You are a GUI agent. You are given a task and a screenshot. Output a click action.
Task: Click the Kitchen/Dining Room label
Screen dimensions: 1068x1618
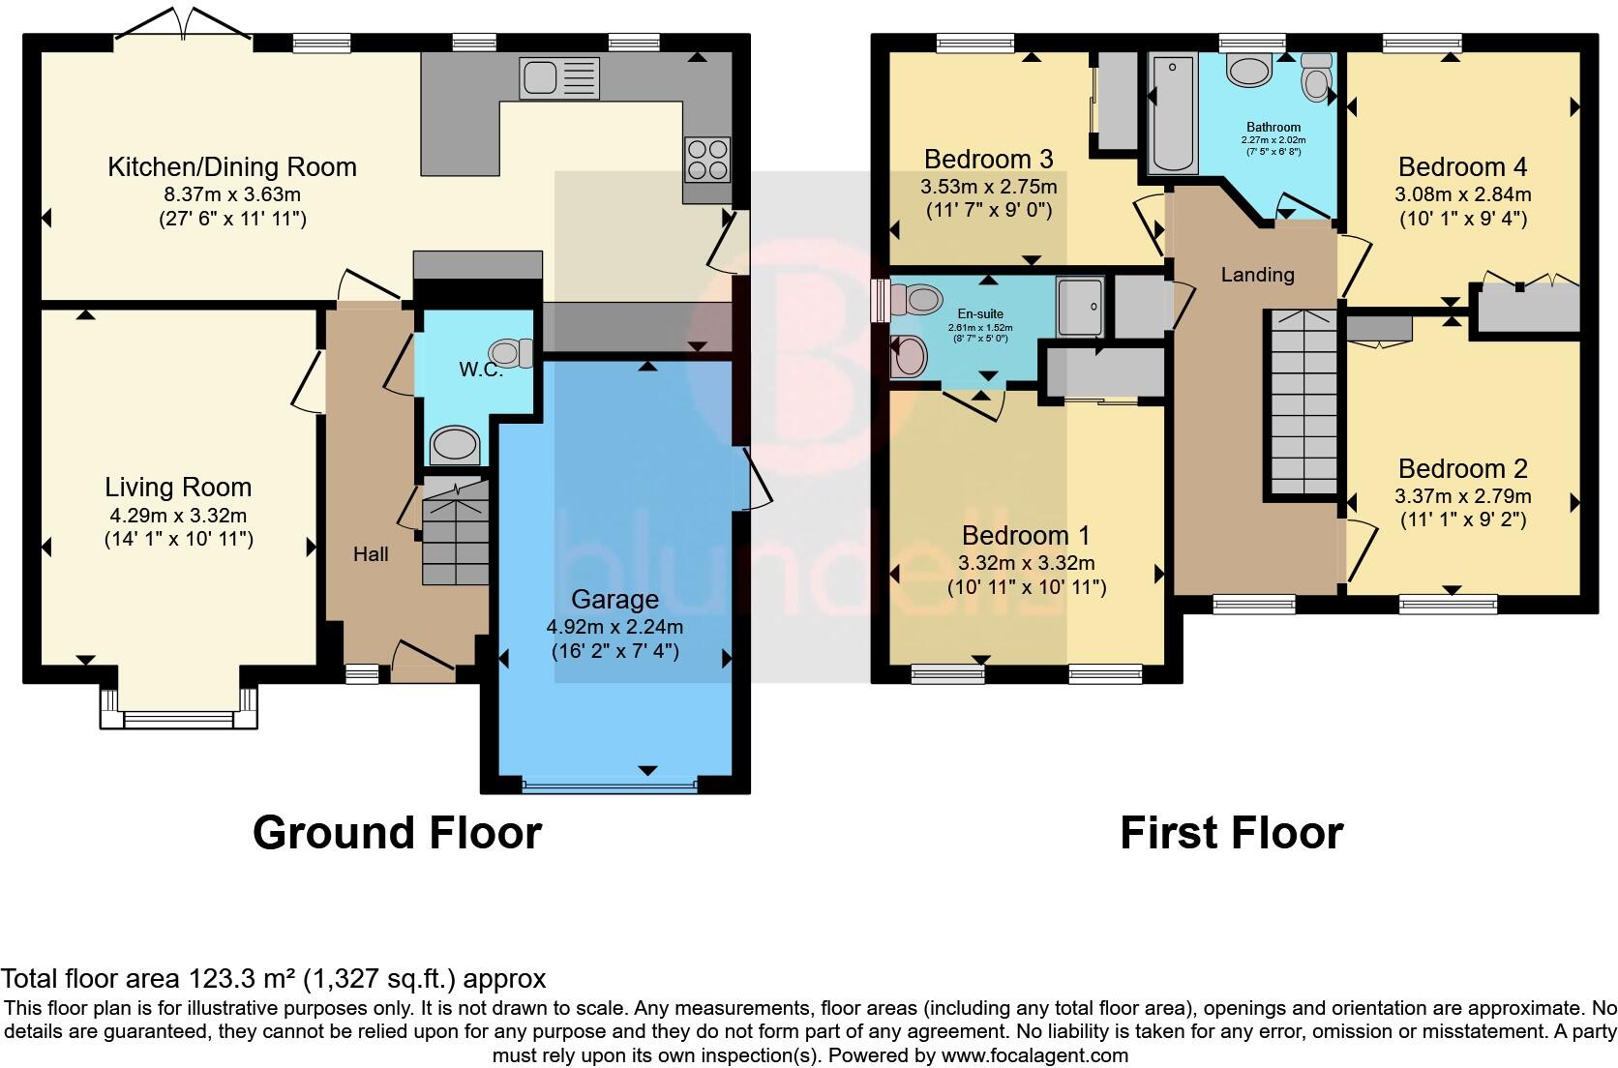click(x=231, y=167)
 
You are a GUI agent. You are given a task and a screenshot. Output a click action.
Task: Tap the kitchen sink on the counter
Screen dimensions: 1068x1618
click(x=559, y=78)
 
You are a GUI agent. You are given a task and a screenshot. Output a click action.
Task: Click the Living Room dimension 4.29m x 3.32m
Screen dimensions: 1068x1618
click(x=178, y=516)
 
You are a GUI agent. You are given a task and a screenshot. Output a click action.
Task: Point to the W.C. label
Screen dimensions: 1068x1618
click(x=480, y=370)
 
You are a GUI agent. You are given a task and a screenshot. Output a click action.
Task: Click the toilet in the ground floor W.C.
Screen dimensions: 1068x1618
click(x=512, y=353)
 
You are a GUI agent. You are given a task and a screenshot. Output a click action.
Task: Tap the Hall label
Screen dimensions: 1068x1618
click(x=371, y=553)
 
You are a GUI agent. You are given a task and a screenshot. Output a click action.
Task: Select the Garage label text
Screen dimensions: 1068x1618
click(x=614, y=599)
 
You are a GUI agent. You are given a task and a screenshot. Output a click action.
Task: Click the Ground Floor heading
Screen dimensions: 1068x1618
click(x=397, y=833)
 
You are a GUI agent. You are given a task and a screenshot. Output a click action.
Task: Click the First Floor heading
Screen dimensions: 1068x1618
click(x=1231, y=833)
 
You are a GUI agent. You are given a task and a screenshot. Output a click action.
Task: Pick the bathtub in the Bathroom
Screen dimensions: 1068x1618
click(x=1173, y=114)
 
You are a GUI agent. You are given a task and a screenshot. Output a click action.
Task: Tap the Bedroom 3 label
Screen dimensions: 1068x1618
click(x=988, y=159)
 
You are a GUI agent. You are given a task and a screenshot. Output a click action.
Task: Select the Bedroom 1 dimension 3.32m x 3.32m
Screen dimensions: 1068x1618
click(x=1026, y=563)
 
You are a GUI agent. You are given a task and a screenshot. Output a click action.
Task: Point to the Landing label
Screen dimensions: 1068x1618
click(x=1257, y=275)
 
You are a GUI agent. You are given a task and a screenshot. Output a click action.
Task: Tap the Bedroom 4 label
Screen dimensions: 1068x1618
click(x=1462, y=166)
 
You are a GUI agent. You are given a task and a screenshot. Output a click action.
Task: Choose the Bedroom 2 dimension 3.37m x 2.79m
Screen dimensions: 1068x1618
click(x=1462, y=496)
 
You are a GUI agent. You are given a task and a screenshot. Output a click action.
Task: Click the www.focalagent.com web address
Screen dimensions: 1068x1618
click(x=1034, y=1055)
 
